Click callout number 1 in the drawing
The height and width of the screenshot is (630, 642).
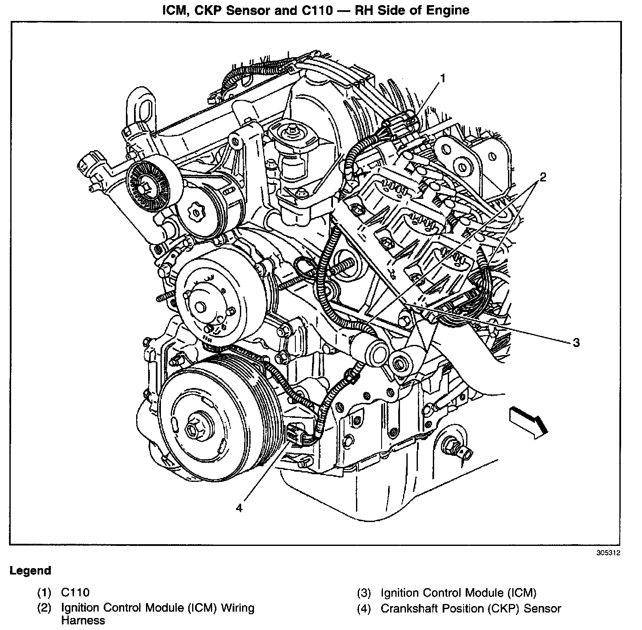click(x=443, y=78)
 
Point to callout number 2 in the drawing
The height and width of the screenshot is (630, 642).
click(x=543, y=177)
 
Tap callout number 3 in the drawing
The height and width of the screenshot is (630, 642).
click(x=576, y=342)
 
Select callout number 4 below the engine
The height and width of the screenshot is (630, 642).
click(x=239, y=507)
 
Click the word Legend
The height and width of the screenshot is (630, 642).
click(x=30, y=571)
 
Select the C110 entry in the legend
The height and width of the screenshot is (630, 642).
click(x=75, y=592)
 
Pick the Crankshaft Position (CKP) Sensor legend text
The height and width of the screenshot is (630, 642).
click(x=470, y=609)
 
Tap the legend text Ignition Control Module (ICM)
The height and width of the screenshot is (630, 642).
click(x=458, y=593)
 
